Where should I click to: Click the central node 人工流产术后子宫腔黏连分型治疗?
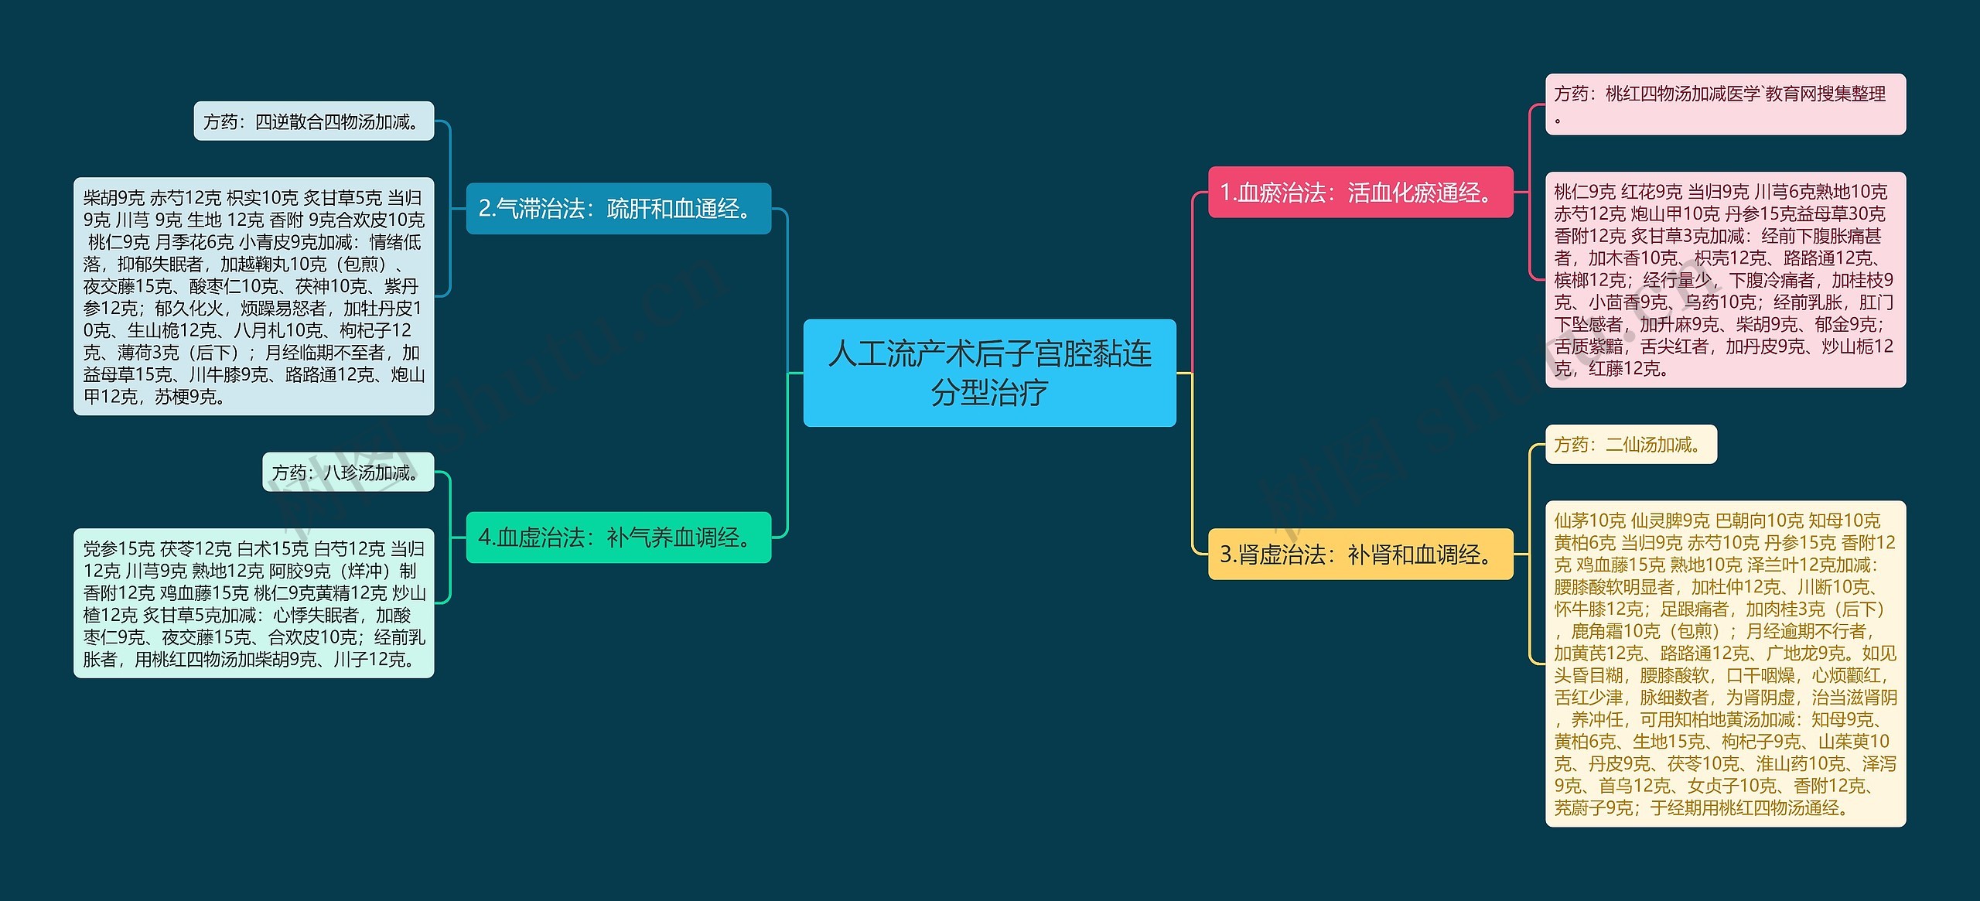[x=989, y=372]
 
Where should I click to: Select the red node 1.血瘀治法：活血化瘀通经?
[x=1360, y=193]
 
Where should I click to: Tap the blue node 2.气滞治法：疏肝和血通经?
[x=618, y=209]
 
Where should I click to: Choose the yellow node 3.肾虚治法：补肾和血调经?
[x=1360, y=554]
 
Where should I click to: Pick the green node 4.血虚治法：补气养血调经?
[x=618, y=538]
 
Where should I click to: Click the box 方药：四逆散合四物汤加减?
[x=313, y=121]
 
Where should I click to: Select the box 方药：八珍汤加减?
[x=348, y=473]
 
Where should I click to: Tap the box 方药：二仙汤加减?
[x=1630, y=445]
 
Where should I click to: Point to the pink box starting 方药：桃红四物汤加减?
[x=1725, y=104]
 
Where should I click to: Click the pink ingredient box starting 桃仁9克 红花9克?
[x=1725, y=279]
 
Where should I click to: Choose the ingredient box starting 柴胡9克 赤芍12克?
[x=254, y=296]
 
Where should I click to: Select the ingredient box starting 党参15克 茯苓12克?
[x=254, y=603]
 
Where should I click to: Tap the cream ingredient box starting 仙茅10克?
[x=1725, y=664]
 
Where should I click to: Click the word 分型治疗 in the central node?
[x=989, y=393]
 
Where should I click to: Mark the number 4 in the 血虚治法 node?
[x=483, y=538]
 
